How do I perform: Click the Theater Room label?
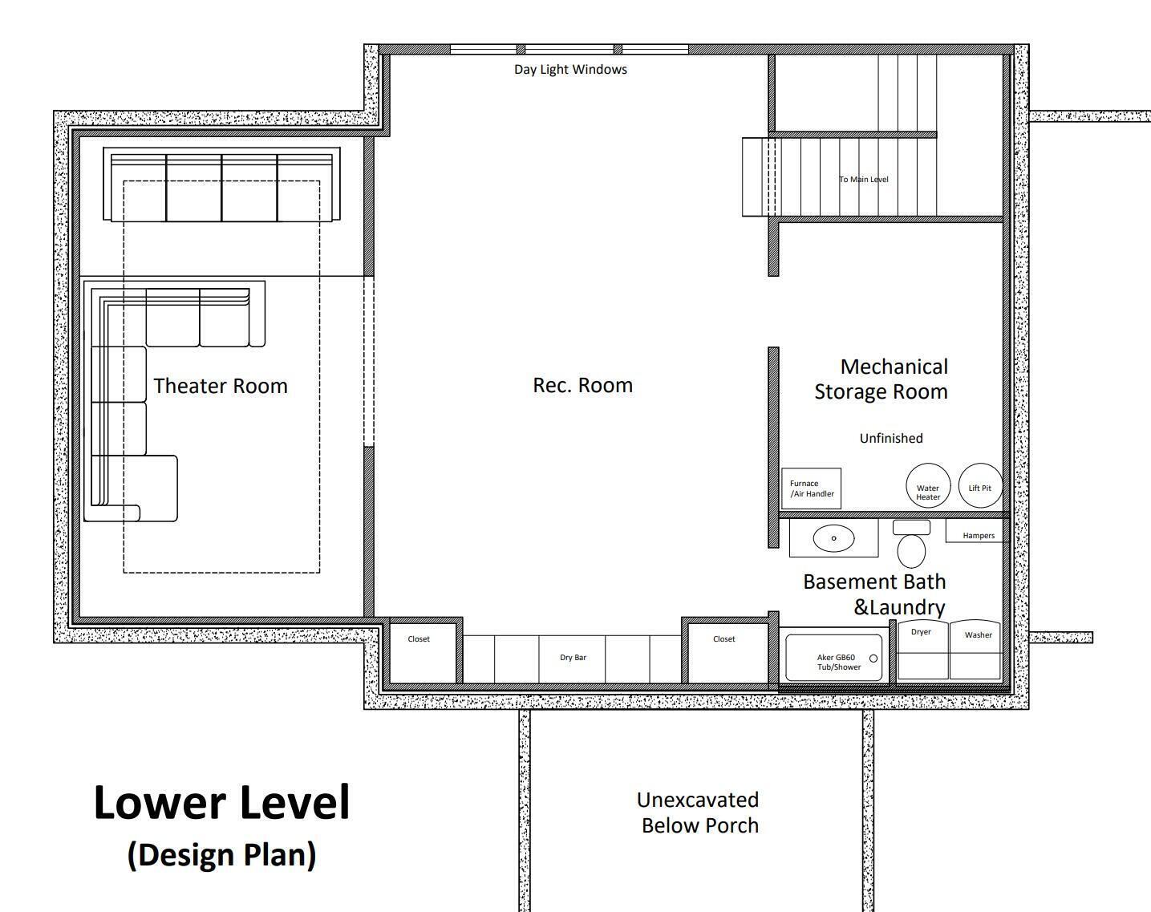pyautogui.click(x=221, y=386)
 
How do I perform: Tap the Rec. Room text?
pyautogui.click(x=582, y=385)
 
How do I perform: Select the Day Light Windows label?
pyautogui.click(x=570, y=70)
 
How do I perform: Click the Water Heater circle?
pyautogui.click(x=928, y=486)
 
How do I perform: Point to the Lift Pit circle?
pyautogui.click(x=980, y=486)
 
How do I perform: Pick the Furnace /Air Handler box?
pyautogui.click(x=812, y=488)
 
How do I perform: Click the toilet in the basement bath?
pyautogui.click(x=911, y=544)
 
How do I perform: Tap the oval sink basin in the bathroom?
pyautogui.click(x=833, y=538)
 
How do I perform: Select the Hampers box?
pyautogui.click(x=977, y=531)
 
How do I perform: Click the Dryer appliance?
pyautogui.click(x=922, y=650)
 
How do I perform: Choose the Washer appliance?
pyautogui.click(x=975, y=650)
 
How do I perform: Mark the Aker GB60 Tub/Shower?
pyautogui.click(x=833, y=658)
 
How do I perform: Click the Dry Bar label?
pyautogui.click(x=573, y=658)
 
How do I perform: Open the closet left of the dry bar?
pyautogui.click(x=423, y=653)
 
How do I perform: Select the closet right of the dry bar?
pyautogui.click(x=728, y=653)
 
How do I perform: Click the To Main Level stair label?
pyautogui.click(x=863, y=179)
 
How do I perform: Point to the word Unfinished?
pyautogui.click(x=891, y=438)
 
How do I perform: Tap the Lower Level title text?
pyautogui.click(x=221, y=802)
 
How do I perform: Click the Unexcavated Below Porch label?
pyautogui.click(x=699, y=813)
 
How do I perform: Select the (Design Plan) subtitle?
pyautogui.click(x=221, y=855)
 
